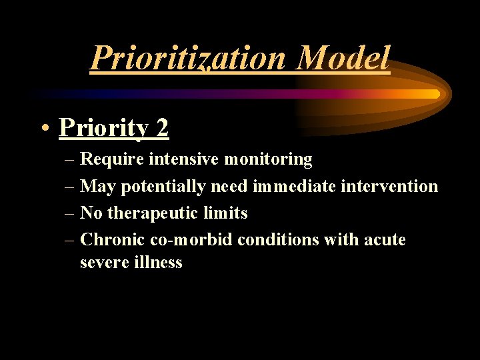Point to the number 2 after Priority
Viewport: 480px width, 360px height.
(x=163, y=127)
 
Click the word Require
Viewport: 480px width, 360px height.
(x=111, y=159)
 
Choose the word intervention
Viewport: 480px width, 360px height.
(x=390, y=187)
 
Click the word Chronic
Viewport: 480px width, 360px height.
(x=110, y=240)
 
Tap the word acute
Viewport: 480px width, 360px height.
(x=385, y=240)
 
